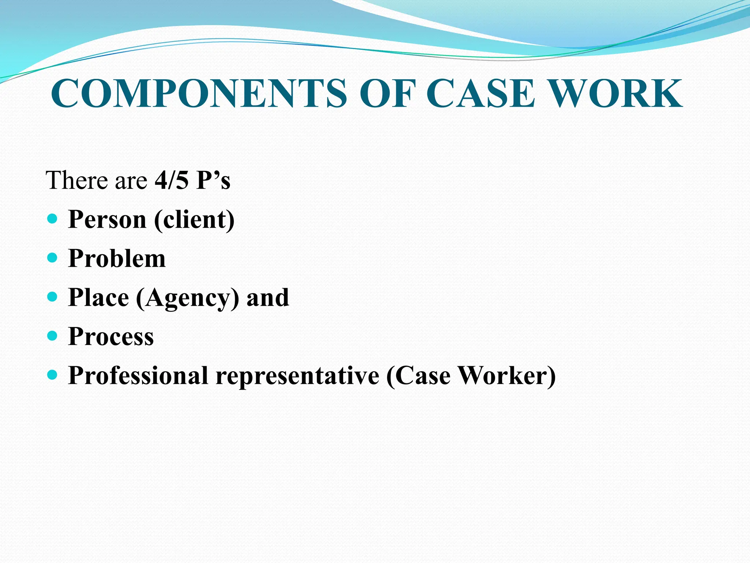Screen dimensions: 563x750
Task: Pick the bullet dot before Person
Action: (53, 219)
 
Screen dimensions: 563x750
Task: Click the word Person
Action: (107, 220)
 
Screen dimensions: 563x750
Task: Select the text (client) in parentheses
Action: (194, 220)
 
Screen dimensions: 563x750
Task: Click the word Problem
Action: (117, 258)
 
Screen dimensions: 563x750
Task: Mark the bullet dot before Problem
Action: (53, 258)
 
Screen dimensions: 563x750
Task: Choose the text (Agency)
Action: (187, 298)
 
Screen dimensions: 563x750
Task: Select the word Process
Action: (111, 336)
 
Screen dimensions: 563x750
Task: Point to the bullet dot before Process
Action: (53, 336)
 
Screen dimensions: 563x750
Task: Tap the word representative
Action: (297, 376)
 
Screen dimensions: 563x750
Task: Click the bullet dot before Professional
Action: (53, 375)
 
